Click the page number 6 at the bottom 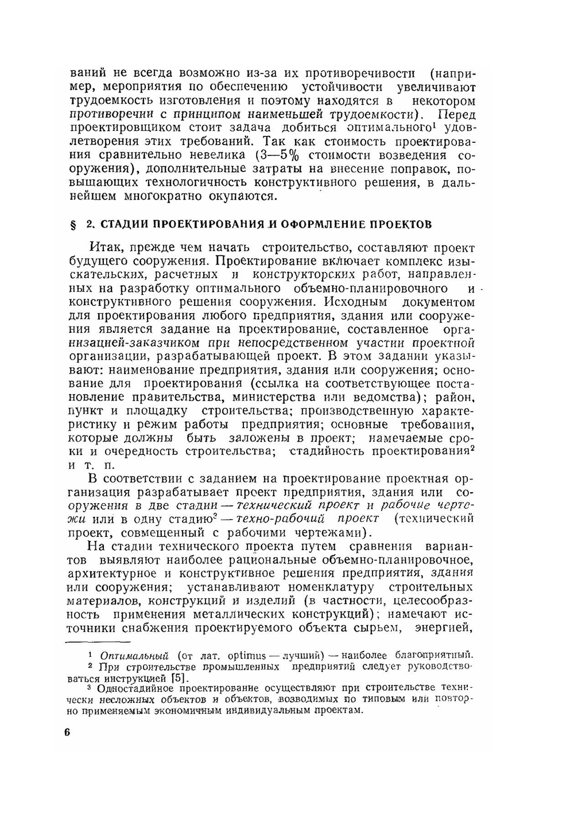(67, 734)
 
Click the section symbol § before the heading (73, 224)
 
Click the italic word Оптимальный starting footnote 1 (134, 656)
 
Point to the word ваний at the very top (87, 73)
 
